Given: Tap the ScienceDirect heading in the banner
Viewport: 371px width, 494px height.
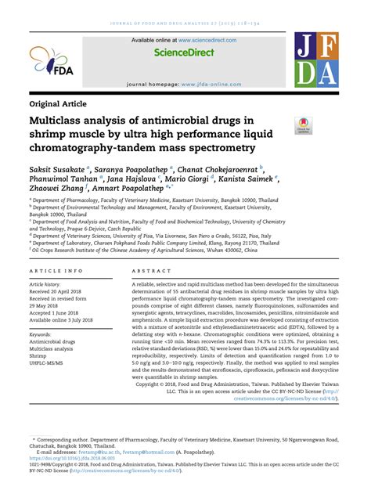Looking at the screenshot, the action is (185, 54).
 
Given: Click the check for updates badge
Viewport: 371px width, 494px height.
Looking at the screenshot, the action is (301, 124).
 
